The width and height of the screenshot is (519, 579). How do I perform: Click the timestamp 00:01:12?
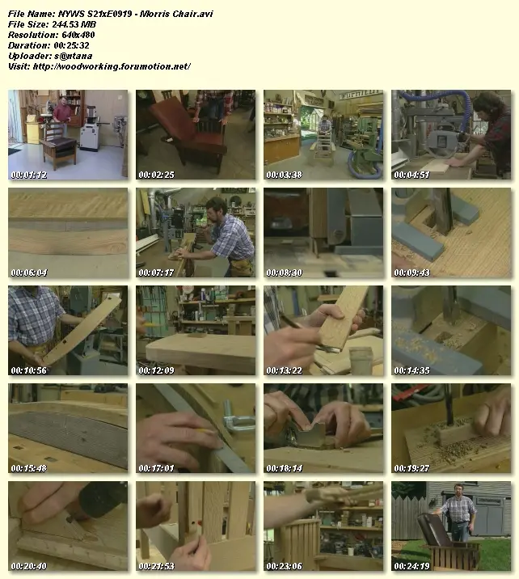(x=29, y=175)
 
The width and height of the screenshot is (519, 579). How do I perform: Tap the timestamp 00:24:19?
(x=412, y=566)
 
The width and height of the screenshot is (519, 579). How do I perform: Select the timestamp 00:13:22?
(x=285, y=370)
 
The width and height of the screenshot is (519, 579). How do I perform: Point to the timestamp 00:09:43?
(x=412, y=273)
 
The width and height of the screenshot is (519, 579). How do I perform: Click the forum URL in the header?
(x=112, y=66)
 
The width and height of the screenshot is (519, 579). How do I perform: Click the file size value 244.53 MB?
(x=73, y=24)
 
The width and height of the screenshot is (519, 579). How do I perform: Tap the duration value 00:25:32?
(x=72, y=45)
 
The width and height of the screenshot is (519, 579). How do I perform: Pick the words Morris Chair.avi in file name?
(x=176, y=14)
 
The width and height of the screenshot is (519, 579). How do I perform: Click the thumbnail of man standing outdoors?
(x=451, y=526)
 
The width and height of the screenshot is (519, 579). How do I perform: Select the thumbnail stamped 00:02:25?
(x=196, y=135)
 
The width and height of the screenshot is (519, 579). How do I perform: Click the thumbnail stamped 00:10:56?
(x=68, y=330)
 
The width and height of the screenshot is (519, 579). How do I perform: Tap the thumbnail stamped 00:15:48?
(x=68, y=428)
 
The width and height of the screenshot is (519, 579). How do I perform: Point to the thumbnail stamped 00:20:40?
(x=68, y=526)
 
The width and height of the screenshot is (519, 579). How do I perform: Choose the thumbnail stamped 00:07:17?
(x=196, y=233)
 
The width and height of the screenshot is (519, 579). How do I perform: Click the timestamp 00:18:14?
(x=285, y=468)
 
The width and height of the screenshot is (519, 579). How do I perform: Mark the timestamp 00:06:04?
(x=29, y=273)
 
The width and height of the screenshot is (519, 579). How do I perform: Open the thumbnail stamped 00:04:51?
(x=451, y=135)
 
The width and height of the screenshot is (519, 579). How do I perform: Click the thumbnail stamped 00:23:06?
(x=323, y=526)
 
